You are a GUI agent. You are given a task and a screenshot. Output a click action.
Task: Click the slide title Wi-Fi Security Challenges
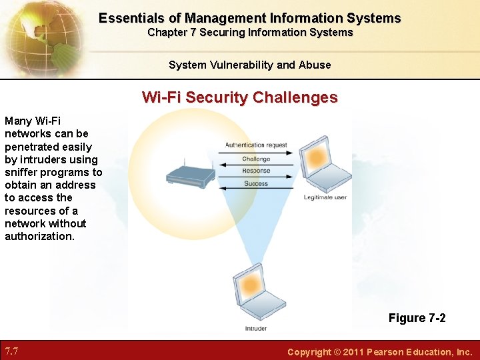(239, 97)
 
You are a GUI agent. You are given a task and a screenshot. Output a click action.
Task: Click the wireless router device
(190, 175)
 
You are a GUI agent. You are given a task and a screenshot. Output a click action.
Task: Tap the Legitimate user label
(325, 197)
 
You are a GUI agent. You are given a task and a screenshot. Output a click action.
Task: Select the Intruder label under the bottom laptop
(255, 328)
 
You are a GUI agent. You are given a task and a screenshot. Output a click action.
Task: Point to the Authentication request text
(256, 145)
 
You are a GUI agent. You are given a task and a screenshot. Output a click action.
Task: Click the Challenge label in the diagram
(256, 159)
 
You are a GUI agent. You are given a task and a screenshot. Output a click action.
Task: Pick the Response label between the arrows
(256, 171)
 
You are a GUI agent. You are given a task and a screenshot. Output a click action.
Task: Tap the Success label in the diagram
(256, 183)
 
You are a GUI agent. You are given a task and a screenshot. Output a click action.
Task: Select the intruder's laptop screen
(251, 285)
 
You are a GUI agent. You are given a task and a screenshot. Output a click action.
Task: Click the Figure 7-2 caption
(417, 318)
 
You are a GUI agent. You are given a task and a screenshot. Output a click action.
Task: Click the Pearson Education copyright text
(379, 351)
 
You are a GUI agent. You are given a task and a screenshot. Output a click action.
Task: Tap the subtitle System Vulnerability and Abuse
(249, 65)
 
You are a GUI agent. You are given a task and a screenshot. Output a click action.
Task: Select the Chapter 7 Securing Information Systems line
(250, 32)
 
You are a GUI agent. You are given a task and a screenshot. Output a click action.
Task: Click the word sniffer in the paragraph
(21, 173)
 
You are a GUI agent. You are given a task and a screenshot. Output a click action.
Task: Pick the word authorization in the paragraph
(39, 236)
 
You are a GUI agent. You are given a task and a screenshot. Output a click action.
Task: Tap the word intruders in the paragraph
(41, 160)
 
